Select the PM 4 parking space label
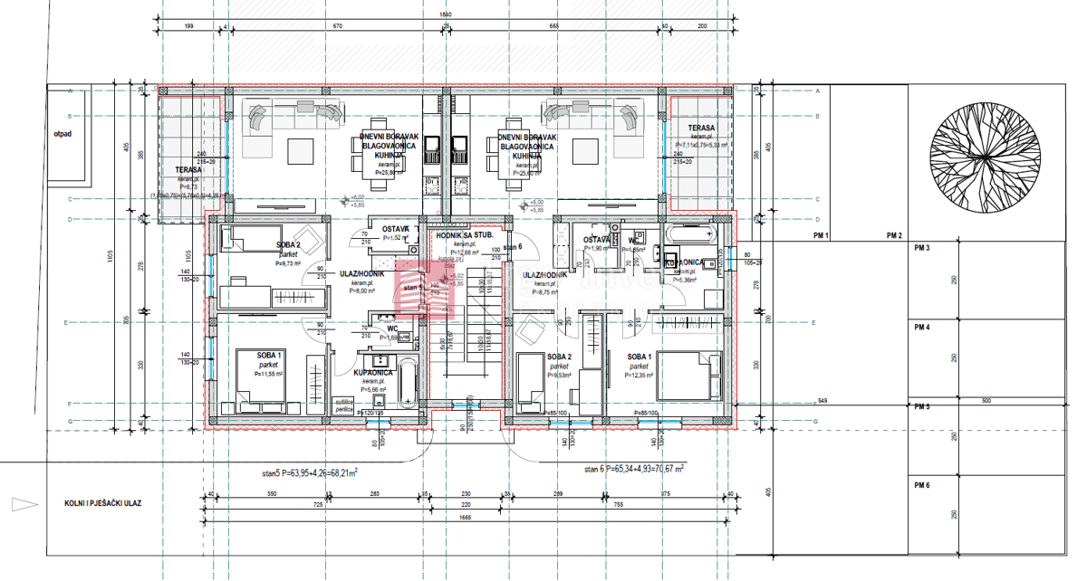[921, 327]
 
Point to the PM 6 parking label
[921, 486]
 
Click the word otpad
[62, 132]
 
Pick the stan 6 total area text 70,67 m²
[634, 469]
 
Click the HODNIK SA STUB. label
[464, 235]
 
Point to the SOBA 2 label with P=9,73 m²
[288, 245]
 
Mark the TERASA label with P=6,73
[189, 169]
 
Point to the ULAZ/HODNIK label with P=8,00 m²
[362, 273]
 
